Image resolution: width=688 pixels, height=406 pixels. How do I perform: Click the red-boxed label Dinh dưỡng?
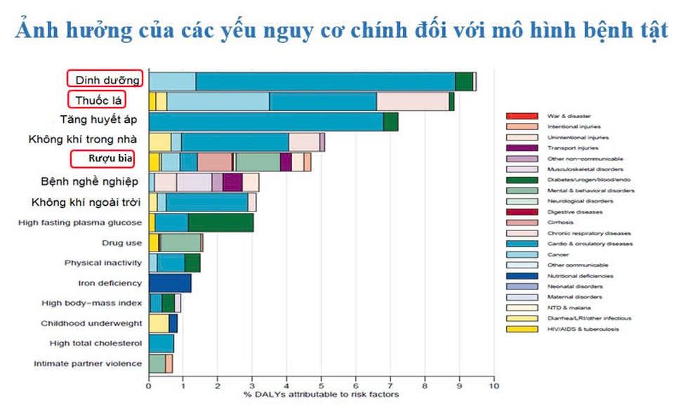pyautogui.click(x=105, y=80)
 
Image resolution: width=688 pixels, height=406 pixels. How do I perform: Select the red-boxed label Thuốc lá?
pyautogui.click(x=105, y=100)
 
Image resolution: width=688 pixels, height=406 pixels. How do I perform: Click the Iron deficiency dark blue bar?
pyautogui.click(x=170, y=283)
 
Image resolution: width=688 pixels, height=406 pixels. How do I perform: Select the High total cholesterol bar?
pyautogui.click(x=161, y=343)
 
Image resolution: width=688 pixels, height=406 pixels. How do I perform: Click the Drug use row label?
pyautogui.click(x=122, y=243)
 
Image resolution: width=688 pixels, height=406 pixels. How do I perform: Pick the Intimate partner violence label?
pyautogui.click(x=88, y=364)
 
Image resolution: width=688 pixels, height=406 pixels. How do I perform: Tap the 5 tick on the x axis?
pyautogui.click(x=321, y=385)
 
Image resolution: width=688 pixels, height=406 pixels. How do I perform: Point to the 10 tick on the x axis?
pyautogui.click(x=494, y=385)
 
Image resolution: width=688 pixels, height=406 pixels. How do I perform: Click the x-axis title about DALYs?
pyautogui.click(x=322, y=395)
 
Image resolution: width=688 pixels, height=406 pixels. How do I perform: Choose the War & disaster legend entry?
pyautogui.click(x=569, y=115)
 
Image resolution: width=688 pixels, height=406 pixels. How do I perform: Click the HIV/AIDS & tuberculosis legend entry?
pyautogui.click(x=583, y=329)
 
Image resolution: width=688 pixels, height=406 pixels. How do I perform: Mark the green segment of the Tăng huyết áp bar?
pyautogui.click(x=391, y=122)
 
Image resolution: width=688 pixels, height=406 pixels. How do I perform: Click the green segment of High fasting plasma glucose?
pyautogui.click(x=220, y=223)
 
